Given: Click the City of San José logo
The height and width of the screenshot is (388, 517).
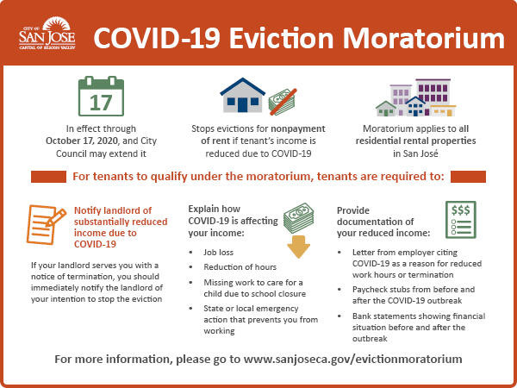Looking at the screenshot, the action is coord(47,34).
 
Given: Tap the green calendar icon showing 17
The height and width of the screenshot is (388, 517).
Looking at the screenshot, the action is coord(101,96).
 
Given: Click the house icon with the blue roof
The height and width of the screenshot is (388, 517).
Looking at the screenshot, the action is coord(243,95).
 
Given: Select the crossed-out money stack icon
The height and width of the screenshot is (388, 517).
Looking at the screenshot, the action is coord(283,102).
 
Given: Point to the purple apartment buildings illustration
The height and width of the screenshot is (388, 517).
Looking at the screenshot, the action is coord(416,97).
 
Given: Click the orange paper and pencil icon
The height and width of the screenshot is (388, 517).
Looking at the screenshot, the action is coord(46,225).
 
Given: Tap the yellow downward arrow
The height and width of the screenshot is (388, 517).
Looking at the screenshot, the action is coord(298,247).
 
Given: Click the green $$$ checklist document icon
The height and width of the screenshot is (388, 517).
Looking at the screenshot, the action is coord(461,220).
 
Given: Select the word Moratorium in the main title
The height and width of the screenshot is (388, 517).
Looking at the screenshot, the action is coord(424,39).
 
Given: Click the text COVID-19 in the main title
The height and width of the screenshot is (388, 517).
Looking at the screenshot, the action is coord(157,39).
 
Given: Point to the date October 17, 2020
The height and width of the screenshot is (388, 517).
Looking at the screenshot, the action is coord(82,141).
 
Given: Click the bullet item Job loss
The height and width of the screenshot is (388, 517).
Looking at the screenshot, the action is coord(218,253).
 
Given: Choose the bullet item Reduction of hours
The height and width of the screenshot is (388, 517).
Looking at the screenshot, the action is coord(240,267).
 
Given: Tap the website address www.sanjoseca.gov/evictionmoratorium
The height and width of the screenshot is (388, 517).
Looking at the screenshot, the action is coord(352,359).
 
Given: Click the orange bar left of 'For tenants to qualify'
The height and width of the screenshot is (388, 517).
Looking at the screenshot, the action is coord(48,177).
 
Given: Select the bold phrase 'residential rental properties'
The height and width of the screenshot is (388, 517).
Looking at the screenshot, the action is coord(415,141).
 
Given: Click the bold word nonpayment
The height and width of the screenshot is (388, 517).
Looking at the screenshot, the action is coord(298,128).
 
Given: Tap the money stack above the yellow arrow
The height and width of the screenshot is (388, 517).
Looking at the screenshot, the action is coord(299,218).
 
